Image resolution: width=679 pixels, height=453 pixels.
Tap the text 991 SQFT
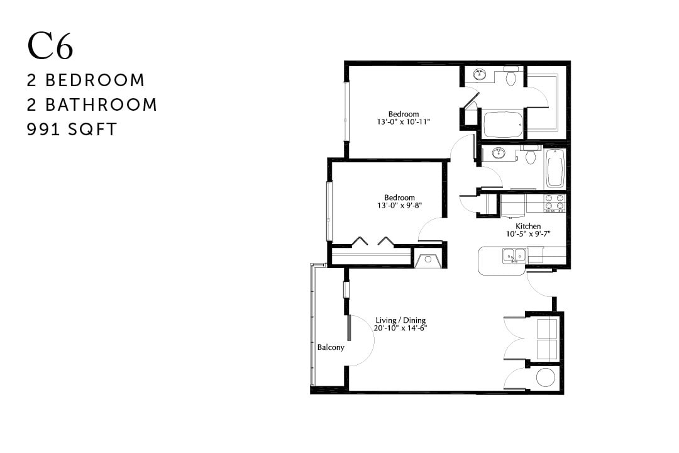click(x=72, y=130)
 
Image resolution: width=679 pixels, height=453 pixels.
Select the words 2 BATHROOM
click(x=92, y=104)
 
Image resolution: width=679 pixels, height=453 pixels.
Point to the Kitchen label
click(x=528, y=226)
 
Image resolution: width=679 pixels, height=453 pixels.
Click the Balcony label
click(x=330, y=347)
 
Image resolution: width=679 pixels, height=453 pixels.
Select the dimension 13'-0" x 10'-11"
click(x=403, y=121)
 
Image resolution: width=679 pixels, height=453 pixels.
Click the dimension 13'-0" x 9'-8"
click(x=400, y=205)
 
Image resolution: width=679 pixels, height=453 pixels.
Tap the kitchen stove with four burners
click(x=554, y=202)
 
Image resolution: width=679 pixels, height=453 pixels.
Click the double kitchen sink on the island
click(x=514, y=255)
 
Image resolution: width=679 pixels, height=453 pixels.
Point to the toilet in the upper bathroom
click(x=511, y=77)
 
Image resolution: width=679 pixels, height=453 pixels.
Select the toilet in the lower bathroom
click(x=531, y=155)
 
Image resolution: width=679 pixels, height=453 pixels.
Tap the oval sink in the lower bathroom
click(x=499, y=153)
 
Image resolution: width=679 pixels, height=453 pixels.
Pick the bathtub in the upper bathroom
click(x=502, y=125)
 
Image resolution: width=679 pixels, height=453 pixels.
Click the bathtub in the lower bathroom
click(x=555, y=168)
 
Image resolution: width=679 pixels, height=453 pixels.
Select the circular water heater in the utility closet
click(x=545, y=377)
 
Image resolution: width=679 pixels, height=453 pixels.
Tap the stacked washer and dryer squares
click(x=546, y=338)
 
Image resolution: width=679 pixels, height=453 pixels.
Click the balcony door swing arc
click(x=364, y=340)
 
